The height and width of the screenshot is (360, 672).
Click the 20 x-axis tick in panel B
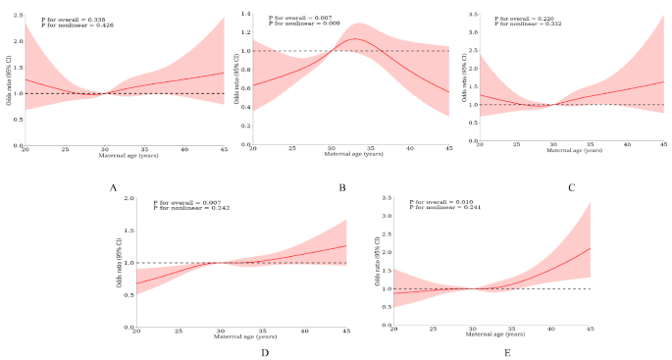(253, 147)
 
